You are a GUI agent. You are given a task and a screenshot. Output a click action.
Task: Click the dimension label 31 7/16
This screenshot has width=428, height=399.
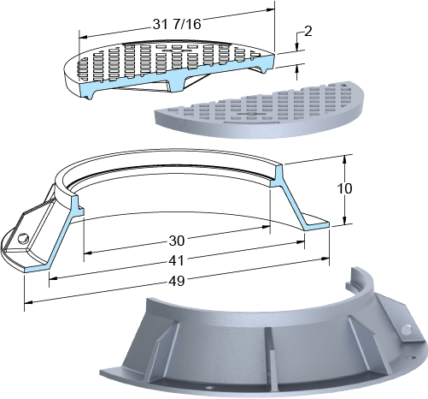tap(177, 24)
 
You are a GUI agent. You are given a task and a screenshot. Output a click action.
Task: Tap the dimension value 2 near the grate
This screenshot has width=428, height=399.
tap(308, 31)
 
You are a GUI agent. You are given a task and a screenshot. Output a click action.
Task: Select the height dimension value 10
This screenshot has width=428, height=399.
tap(344, 188)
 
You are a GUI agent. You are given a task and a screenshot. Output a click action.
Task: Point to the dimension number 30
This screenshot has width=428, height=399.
tap(177, 241)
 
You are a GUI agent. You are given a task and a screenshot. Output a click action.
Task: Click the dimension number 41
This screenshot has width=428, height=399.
tap(177, 261)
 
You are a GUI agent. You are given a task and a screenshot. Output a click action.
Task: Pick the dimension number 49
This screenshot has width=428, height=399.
tap(177, 281)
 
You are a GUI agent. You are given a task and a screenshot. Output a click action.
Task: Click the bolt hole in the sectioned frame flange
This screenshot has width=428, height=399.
tap(24, 238)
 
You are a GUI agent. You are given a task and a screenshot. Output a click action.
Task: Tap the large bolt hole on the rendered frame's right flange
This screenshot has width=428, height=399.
tap(407, 330)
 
